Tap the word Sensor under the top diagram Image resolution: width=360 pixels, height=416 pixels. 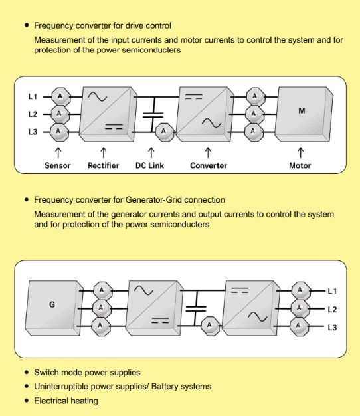coord(58,165)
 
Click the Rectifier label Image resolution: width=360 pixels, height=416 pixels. coord(103,165)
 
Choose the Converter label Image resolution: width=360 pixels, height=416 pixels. coord(209,165)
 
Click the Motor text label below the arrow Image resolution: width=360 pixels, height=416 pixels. coord(300,165)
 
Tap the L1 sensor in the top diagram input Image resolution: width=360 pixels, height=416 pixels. coord(58,97)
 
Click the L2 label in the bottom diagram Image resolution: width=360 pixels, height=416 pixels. coord(332,309)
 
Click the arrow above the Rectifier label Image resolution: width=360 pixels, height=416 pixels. coord(103,152)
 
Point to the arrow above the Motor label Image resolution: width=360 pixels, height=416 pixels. coord(300,152)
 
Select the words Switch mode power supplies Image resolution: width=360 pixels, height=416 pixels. coord(87,373)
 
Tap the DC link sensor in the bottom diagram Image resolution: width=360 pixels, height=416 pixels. coord(211,325)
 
